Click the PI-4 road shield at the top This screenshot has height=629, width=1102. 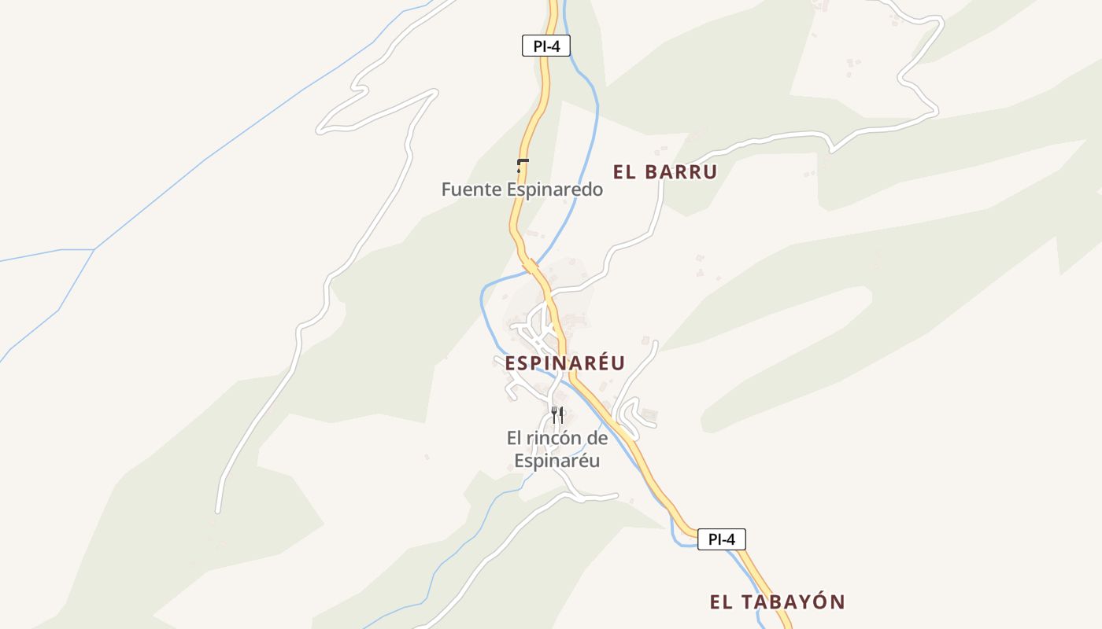click(545, 46)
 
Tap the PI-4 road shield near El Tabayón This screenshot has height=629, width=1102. click(721, 539)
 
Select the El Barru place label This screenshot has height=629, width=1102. click(665, 172)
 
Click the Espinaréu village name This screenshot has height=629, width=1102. click(564, 363)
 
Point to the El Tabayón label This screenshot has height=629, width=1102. click(777, 602)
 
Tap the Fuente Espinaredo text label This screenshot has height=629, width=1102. click(522, 189)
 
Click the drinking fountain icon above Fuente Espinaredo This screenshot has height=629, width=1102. click(521, 165)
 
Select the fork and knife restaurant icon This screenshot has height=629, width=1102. click(557, 414)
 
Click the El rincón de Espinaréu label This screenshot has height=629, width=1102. click(557, 449)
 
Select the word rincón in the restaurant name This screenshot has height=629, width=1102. click(554, 438)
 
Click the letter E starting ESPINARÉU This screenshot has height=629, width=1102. click(511, 363)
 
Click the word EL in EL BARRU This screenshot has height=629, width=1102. click(624, 172)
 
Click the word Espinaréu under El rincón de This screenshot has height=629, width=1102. click(557, 461)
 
